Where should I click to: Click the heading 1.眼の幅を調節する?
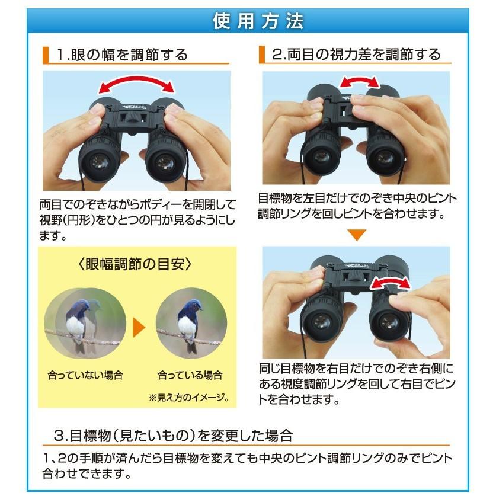click(x=121, y=55)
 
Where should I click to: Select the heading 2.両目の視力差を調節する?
click(x=356, y=55)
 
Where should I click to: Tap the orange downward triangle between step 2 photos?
click(x=356, y=235)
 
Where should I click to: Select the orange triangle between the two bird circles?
click(x=138, y=326)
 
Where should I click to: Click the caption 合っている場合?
click(x=190, y=375)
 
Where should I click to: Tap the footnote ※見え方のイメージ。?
click(x=188, y=396)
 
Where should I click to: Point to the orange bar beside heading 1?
click(x=45, y=55)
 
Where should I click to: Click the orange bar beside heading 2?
click(x=261, y=55)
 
